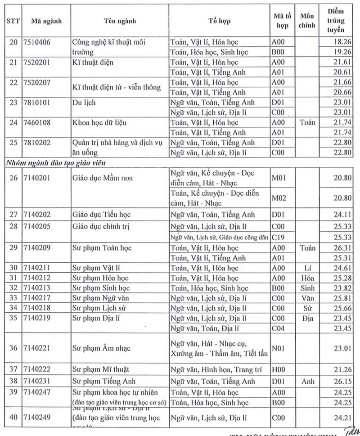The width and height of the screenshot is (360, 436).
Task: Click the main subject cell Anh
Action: click(308, 381)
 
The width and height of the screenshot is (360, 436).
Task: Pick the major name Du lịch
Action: click(84, 103)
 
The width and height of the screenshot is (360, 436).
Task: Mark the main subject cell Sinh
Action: click(308, 288)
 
